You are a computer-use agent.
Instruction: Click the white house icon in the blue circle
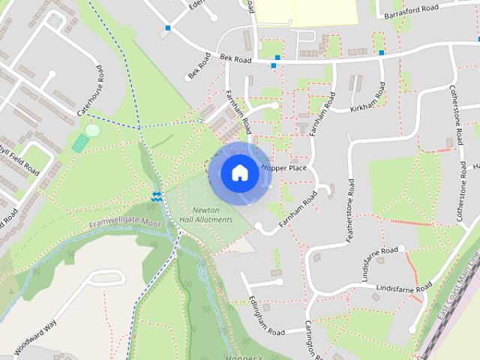coord(239,173)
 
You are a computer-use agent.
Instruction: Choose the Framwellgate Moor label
coord(125,223)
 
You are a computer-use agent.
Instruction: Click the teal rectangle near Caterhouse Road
coord(79,143)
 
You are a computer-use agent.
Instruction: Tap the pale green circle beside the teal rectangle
coord(92,130)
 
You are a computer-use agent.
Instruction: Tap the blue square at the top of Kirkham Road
coord(382,52)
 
